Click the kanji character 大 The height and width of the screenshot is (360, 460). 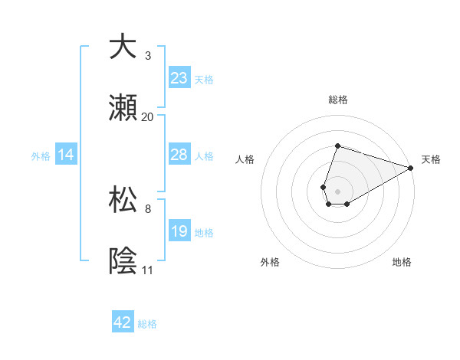click(123, 47)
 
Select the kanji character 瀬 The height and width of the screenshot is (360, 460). click(123, 108)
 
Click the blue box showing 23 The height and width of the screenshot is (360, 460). click(179, 77)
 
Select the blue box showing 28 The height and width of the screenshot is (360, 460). click(179, 155)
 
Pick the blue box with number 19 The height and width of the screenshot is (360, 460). click(179, 231)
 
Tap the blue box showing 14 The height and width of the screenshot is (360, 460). click(66, 155)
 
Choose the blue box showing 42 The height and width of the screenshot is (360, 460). click(123, 322)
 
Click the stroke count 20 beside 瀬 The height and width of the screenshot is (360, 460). click(148, 116)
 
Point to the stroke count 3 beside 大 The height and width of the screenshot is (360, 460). click(148, 55)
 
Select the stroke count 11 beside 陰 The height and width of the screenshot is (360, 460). click(148, 270)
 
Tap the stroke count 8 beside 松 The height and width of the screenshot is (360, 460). click(148, 208)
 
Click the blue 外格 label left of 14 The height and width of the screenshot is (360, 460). click(41, 156)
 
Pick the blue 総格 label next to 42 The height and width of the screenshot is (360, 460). click(147, 324)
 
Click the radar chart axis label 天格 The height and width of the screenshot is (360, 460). click(431, 159)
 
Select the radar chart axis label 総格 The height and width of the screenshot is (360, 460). click(337, 100)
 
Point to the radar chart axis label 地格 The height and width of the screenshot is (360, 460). click(402, 262)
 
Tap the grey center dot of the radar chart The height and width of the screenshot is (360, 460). click(337, 190)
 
